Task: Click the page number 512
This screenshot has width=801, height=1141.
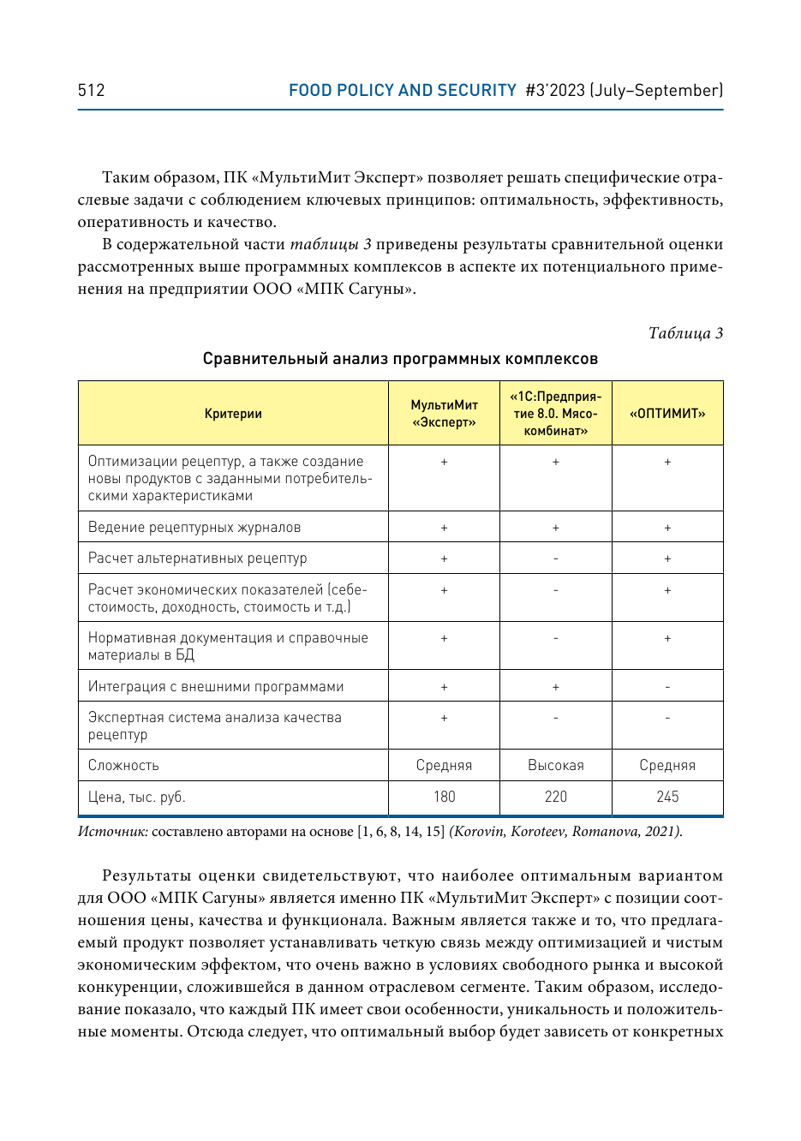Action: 91,90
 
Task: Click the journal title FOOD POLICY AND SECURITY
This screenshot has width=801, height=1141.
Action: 402,90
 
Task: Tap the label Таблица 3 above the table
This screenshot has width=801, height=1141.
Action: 685,333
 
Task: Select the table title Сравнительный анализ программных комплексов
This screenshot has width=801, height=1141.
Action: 400,359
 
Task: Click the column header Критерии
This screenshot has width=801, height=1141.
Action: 233,414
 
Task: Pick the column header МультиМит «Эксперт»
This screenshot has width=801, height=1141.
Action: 444,414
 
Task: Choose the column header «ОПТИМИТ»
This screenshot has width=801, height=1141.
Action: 667,414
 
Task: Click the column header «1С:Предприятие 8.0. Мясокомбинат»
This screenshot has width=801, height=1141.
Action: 555,414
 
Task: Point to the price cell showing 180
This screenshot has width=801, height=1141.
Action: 444,797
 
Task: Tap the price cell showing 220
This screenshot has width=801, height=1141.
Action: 555,797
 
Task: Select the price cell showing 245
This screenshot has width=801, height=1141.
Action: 667,797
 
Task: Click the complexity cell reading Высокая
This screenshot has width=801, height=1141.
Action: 555,765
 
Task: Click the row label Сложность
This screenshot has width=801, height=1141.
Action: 123,765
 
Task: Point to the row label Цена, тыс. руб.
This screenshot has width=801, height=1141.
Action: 137,797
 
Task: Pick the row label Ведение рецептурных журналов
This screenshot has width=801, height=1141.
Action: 194,527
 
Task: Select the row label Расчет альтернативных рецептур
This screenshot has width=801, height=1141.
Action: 197,559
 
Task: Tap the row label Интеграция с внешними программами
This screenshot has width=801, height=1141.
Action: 216,686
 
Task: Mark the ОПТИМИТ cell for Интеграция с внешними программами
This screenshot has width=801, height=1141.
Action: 667,686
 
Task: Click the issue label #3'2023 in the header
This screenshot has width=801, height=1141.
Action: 555,90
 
